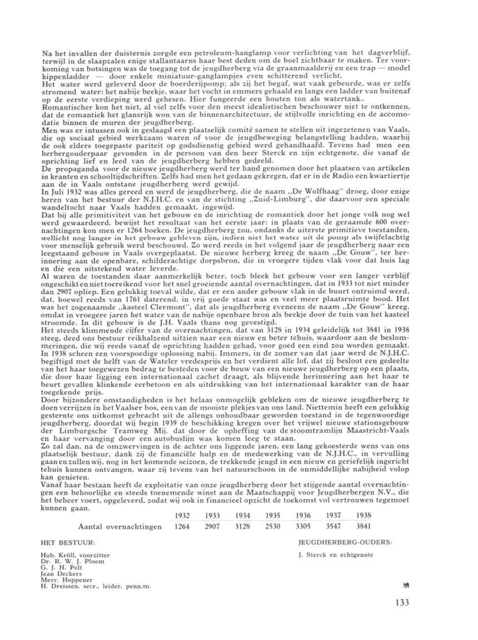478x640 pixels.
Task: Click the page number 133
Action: [405, 602]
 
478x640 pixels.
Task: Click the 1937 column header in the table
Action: [332, 516]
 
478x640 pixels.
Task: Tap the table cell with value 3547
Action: [332, 526]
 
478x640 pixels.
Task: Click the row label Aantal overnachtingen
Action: [120, 526]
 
